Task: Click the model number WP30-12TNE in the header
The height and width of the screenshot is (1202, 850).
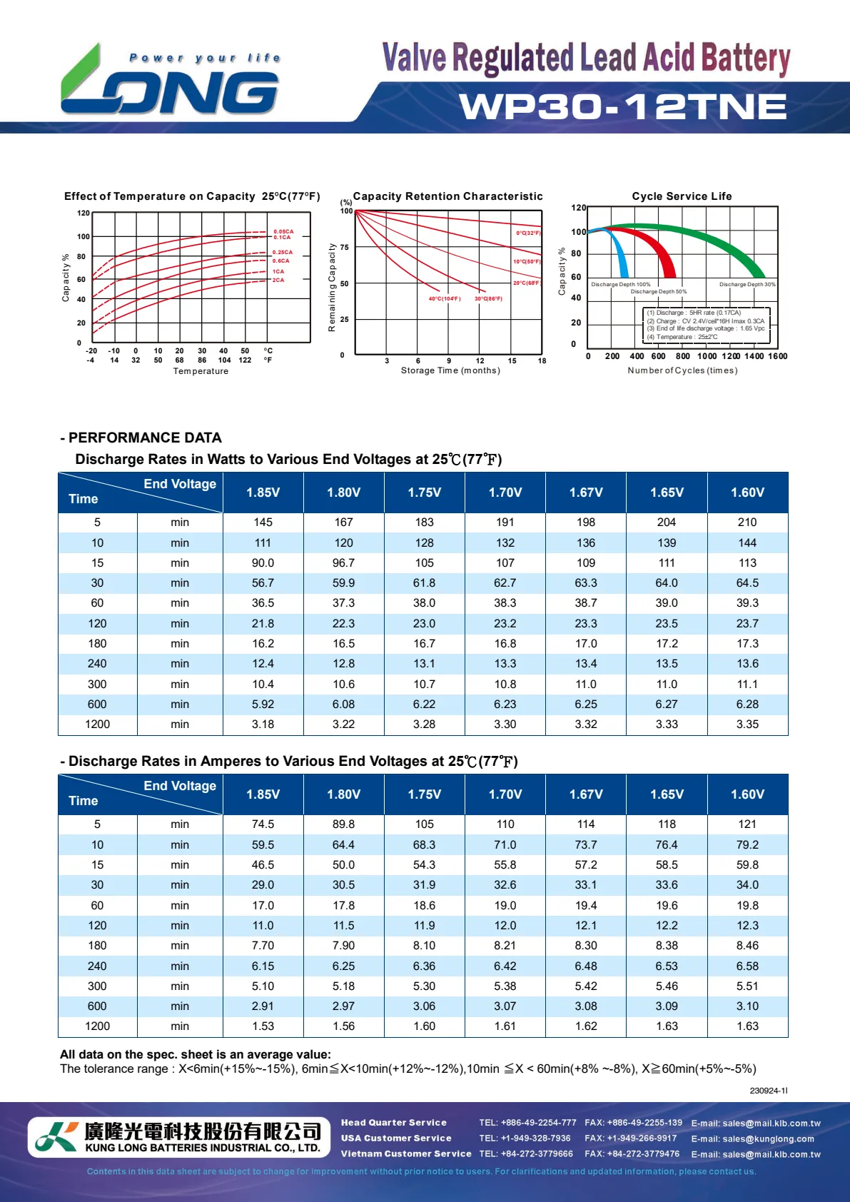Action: pyautogui.click(x=623, y=107)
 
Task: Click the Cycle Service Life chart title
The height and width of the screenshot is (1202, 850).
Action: pyautogui.click(x=682, y=196)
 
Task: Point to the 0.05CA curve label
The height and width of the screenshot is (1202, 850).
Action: pyautogui.click(x=283, y=231)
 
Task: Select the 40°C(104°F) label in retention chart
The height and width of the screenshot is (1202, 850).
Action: pyautogui.click(x=445, y=298)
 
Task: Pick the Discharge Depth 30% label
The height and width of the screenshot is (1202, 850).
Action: pyautogui.click(x=747, y=284)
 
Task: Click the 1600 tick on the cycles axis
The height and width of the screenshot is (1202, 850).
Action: pyautogui.click(x=777, y=356)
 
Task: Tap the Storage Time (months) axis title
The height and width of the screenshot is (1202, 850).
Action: pyautogui.click(x=450, y=370)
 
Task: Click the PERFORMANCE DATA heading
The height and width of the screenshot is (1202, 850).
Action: pyautogui.click(x=145, y=438)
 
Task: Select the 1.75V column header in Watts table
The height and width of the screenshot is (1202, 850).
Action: pyautogui.click(x=425, y=493)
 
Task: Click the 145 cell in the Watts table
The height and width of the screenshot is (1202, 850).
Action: pyautogui.click(x=263, y=522)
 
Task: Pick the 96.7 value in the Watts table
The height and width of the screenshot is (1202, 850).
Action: pyautogui.click(x=343, y=563)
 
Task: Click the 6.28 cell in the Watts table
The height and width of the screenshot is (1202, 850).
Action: pyautogui.click(x=747, y=704)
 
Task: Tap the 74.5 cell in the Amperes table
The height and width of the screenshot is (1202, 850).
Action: pyautogui.click(x=263, y=824)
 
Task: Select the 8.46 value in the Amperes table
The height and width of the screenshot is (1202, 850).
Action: pyautogui.click(x=747, y=946)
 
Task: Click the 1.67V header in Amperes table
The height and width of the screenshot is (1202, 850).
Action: pyautogui.click(x=586, y=794)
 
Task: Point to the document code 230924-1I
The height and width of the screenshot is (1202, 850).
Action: pyautogui.click(x=769, y=1091)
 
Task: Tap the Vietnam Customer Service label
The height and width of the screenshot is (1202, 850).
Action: pyautogui.click(x=406, y=1153)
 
